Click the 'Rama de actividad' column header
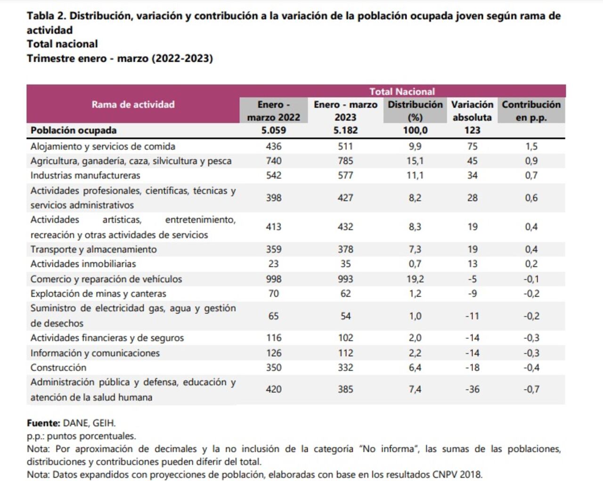coord(133,105)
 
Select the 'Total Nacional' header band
coord(402,91)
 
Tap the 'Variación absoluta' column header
coord(472,111)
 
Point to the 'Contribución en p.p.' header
coord(531,111)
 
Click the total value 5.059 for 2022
coord(273,130)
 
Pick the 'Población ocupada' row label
coord(73,130)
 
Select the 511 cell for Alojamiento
coord(345,147)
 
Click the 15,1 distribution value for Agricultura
coord(415,161)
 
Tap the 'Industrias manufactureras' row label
coord(85,176)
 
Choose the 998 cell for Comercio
coord(273,279)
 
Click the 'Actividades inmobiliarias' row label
coord(83,264)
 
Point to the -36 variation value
coord(472,389)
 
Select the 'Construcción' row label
coord(58,367)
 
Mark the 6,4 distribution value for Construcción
coord(415,367)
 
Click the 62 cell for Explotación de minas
coord(345,293)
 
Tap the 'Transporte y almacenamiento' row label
coord(94,249)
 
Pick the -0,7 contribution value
coord(531,389)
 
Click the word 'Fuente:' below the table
coord(43,423)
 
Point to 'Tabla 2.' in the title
coord(46,16)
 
